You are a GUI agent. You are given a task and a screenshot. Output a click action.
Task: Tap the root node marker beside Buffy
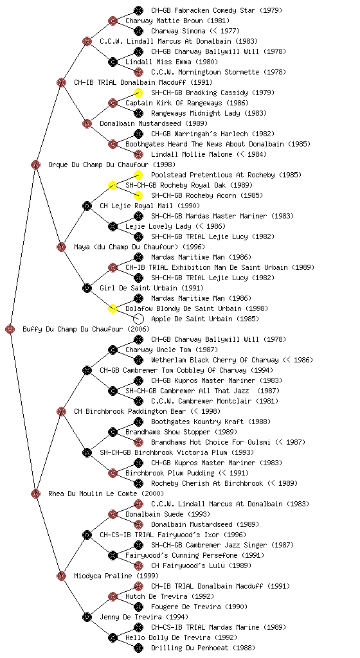pos(10,329)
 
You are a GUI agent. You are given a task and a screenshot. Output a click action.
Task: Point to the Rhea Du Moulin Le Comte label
pos(93,494)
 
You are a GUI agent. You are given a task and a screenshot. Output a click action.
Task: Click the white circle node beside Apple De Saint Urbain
pos(138,319)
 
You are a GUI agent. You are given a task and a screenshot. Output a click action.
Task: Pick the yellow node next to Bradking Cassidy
pos(138,93)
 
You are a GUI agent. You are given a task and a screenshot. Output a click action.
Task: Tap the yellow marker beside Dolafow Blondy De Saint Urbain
pos(113,309)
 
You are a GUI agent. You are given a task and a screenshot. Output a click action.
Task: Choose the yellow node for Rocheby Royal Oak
pos(113,185)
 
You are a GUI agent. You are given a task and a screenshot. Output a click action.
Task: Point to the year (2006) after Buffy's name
pos(138,330)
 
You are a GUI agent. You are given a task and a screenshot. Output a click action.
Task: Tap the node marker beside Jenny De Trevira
pos(87,618)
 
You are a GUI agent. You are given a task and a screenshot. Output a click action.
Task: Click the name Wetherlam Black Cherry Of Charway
pos(215,360)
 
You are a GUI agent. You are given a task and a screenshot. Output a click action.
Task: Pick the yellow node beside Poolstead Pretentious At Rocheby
pos(138,175)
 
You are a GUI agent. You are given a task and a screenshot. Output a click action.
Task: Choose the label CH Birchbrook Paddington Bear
pos(130,412)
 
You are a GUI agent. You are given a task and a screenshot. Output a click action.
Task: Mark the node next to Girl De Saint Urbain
pos(87,289)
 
